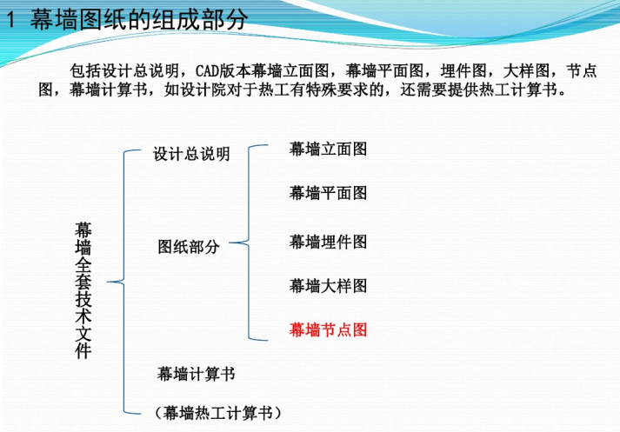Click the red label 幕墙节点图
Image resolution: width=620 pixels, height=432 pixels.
coord(328,329)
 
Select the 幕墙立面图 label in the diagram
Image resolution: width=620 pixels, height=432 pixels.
coord(328,149)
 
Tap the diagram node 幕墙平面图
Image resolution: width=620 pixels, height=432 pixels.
coord(328,193)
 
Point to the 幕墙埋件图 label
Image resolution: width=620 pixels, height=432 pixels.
coord(328,242)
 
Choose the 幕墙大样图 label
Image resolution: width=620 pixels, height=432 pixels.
coord(328,286)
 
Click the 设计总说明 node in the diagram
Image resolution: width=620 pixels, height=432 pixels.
coord(191,154)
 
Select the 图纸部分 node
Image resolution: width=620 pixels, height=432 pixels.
coord(189,247)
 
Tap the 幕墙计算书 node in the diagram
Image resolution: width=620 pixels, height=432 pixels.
coord(197,374)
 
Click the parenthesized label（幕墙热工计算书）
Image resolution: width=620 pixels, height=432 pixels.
coord(218,413)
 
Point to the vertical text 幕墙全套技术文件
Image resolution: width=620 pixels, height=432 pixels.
coord(83,290)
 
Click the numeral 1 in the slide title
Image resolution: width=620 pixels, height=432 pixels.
coord(10,19)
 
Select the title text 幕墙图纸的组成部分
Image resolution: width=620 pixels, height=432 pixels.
coord(139,19)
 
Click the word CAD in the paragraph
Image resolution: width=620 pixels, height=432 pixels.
coord(208,71)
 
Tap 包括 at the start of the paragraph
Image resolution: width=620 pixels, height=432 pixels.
coord(85,71)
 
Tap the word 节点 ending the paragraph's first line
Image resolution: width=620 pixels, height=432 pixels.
coord(581,71)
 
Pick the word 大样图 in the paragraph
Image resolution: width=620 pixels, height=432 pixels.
coord(526,71)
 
